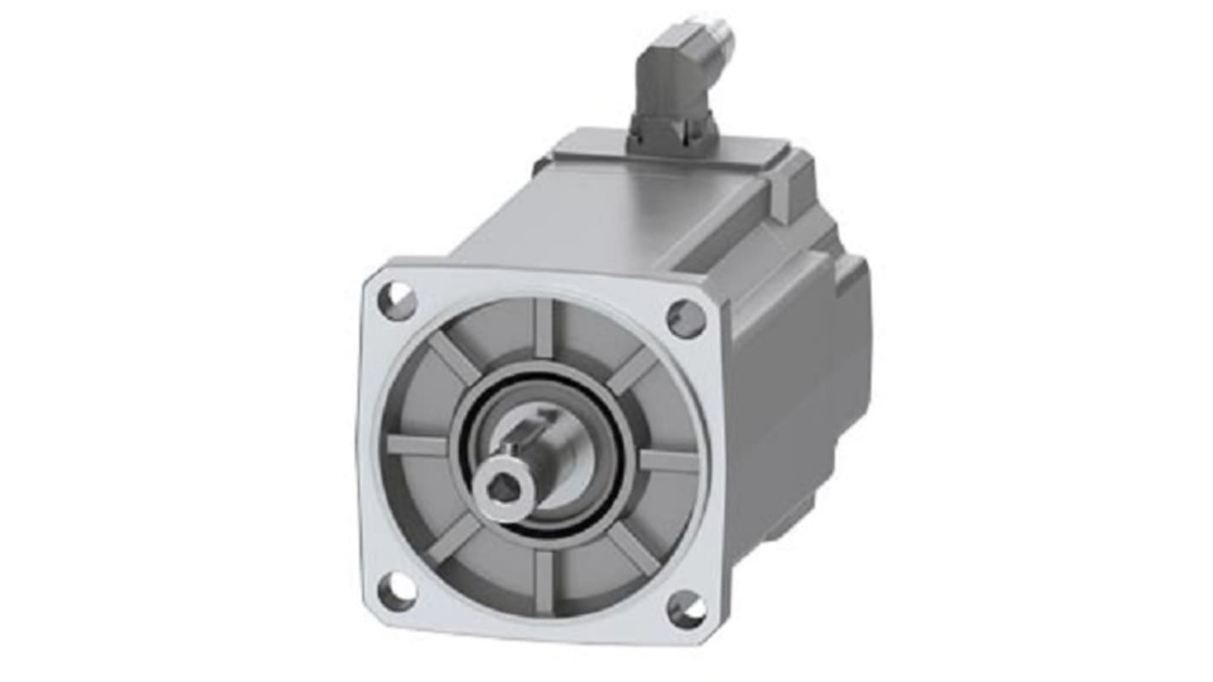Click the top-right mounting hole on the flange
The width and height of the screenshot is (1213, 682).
686,319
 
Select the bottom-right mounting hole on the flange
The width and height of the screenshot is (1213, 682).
687,609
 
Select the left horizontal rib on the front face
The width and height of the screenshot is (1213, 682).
417,444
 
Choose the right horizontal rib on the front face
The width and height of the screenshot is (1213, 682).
669,462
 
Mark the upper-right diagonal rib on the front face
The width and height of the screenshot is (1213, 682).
634,369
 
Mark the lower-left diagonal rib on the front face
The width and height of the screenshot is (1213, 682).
454,540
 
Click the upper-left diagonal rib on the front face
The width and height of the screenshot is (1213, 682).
453,358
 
